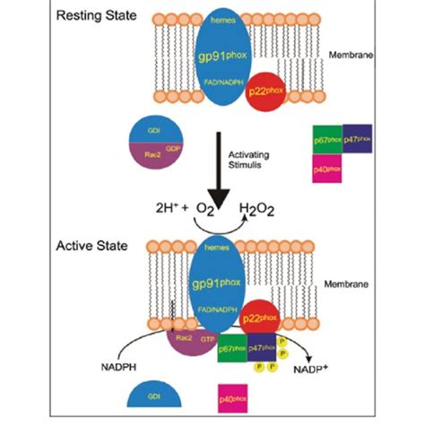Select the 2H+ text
click(x=169, y=212)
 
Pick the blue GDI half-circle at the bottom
click(x=152, y=398)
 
